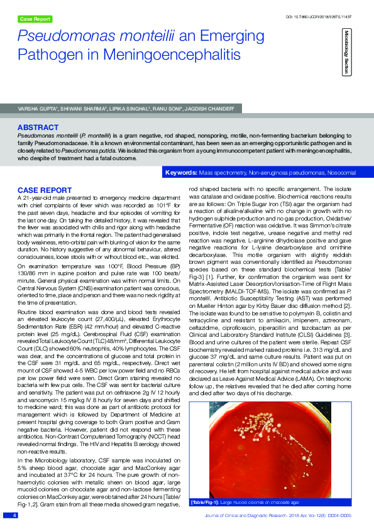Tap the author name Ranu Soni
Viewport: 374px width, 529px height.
pos(173,109)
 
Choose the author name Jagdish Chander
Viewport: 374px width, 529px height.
pos(212,109)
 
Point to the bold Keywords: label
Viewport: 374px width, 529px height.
pos(180,172)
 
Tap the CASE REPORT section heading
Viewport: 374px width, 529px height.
pos(44,189)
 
